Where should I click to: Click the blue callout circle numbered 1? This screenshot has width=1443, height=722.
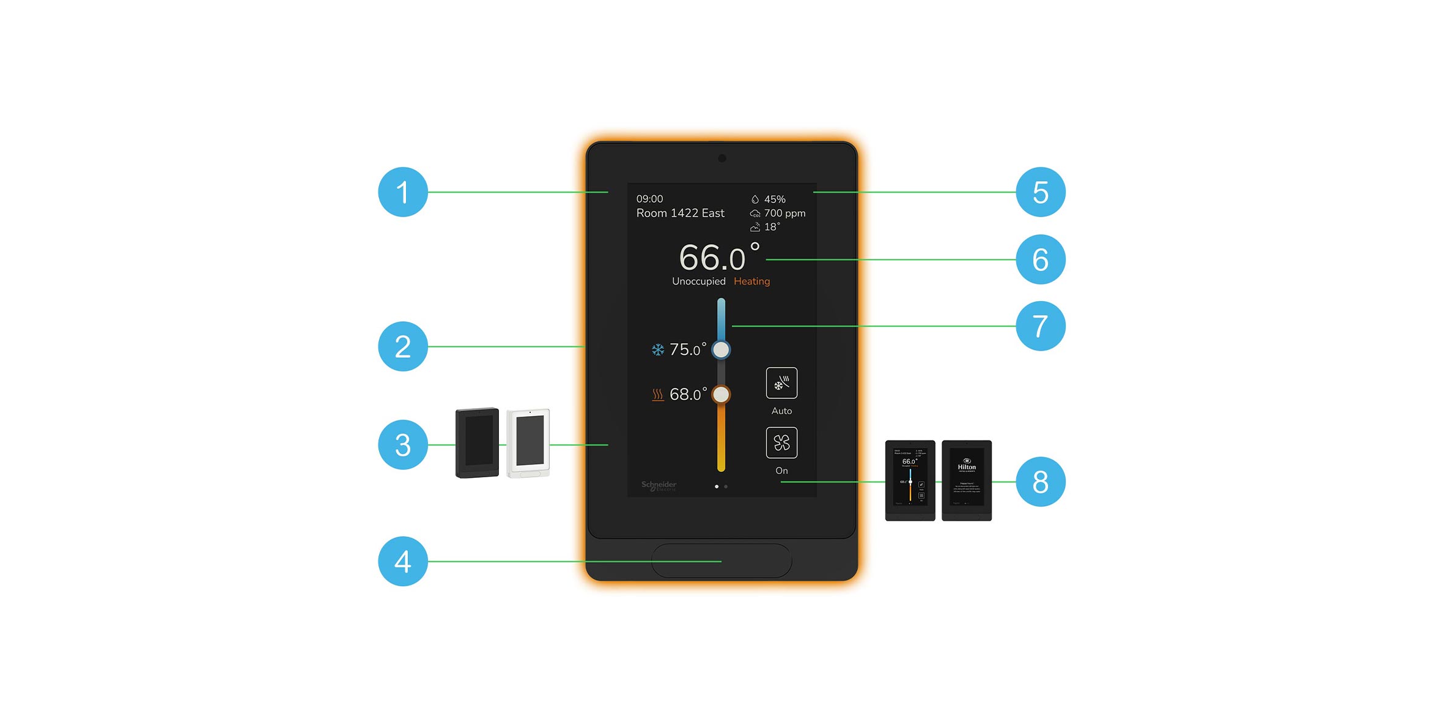[402, 192]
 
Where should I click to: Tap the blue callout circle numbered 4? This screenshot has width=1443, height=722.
[402, 561]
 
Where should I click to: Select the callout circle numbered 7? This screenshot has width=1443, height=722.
[1040, 326]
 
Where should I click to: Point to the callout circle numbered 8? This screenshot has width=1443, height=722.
[1040, 482]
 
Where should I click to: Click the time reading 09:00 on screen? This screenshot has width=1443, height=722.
[649, 199]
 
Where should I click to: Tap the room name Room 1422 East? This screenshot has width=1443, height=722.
[680, 213]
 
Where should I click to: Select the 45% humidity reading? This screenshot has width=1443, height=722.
[774, 199]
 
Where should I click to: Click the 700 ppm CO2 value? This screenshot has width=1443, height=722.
[784, 213]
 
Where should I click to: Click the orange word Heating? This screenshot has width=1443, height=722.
[751, 281]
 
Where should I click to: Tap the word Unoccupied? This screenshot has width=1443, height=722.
[698, 281]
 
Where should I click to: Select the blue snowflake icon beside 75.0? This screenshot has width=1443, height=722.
[657, 350]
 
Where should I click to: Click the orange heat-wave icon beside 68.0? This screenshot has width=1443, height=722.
[657, 395]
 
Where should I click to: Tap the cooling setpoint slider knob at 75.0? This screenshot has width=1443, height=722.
[721, 350]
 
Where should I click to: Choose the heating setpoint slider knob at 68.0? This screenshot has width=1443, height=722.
[721, 395]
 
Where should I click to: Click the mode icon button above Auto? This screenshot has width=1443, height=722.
[781, 383]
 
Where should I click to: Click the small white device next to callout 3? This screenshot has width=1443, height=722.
[529, 443]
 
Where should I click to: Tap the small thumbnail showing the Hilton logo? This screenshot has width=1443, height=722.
[966, 480]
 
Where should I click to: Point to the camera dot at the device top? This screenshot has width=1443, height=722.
[722, 158]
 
